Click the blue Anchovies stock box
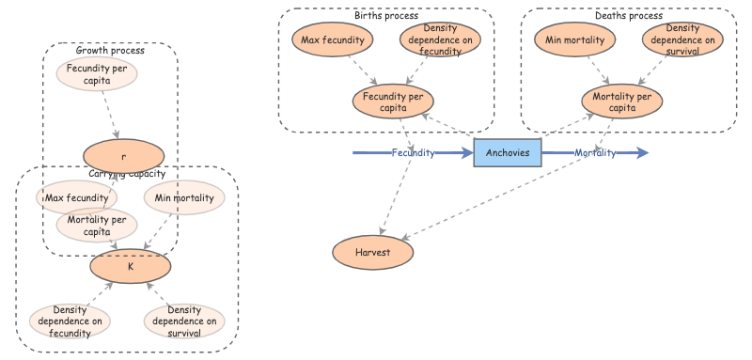(x=508, y=152)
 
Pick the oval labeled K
(x=131, y=266)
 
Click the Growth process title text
(x=110, y=49)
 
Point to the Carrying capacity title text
(x=127, y=174)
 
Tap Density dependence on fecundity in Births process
(x=440, y=39)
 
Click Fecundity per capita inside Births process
(x=392, y=101)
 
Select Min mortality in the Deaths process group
(x=575, y=39)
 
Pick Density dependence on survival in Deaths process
(x=683, y=39)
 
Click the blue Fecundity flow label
(x=413, y=152)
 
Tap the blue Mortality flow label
(x=595, y=152)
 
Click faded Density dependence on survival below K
(x=185, y=320)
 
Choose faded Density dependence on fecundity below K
(x=70, y=320)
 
